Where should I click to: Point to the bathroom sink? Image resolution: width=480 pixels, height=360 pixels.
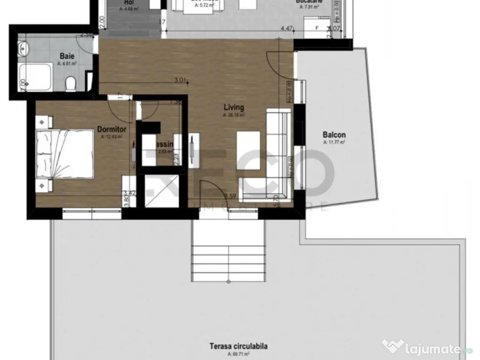(23, 47)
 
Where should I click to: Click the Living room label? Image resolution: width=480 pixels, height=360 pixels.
(233, 107)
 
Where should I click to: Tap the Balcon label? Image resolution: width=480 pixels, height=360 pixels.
(334, 135)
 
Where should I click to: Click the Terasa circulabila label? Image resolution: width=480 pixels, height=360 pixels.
(239, 347)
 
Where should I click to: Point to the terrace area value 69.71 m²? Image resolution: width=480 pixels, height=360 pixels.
(239, 355)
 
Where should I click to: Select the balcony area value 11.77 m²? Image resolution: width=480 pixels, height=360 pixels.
(334, 142)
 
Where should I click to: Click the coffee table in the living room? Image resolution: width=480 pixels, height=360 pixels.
(248, 146)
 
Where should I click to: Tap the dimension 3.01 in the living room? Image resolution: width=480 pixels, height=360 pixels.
(180, 80)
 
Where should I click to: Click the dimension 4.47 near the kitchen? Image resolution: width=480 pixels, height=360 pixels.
(287, 29)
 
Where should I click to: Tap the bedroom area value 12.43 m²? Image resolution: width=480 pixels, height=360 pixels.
(112, 137)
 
